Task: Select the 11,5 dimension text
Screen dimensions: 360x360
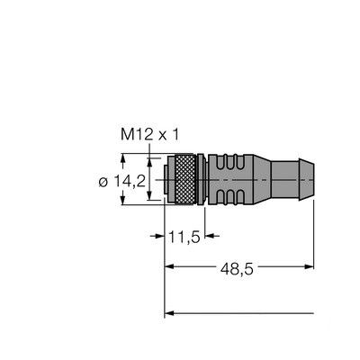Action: tap(184, 238)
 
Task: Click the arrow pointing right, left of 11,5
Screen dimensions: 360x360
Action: tap(158, 238)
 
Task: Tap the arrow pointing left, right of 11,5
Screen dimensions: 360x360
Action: tap(210, 238)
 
